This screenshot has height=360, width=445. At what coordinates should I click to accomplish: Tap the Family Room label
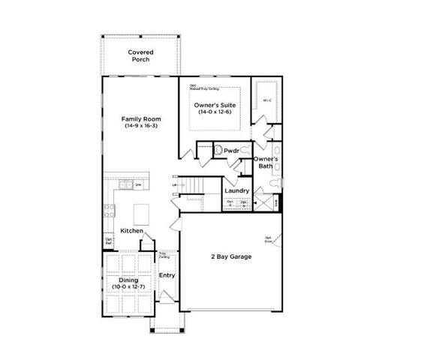140,118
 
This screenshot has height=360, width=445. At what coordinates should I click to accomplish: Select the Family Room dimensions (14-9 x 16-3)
140,126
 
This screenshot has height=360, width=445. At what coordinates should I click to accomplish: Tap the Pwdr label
232,151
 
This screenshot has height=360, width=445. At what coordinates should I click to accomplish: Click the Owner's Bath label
266,163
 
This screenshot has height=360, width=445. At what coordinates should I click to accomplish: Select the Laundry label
236,191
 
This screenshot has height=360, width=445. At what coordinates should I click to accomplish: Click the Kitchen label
131,230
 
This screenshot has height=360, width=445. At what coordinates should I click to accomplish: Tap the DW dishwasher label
139,184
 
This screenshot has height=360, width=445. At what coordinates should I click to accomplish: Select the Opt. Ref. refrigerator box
109,241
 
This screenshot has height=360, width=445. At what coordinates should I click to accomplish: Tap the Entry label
166,275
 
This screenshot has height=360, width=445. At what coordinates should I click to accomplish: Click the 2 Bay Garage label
230,256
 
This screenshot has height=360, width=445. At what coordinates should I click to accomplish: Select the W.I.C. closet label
266,100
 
